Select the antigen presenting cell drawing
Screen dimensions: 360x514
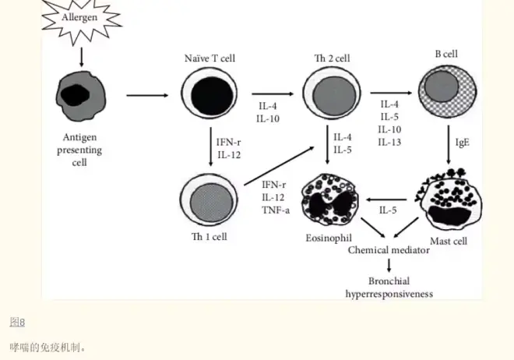coord(80,97)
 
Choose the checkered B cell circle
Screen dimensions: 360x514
coord(447,87)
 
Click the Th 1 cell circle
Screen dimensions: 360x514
coord(209,196)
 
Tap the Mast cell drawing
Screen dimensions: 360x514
coord(446,198)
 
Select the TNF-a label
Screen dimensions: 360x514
coord(275,210)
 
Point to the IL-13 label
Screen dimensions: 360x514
coord(390,142)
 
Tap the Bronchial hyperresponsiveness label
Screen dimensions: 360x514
coord(389,288)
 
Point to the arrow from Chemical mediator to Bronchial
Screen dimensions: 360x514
coord(389,266)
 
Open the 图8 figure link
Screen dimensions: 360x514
coord(17,322)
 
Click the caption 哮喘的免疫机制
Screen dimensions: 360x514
coord(48,346)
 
